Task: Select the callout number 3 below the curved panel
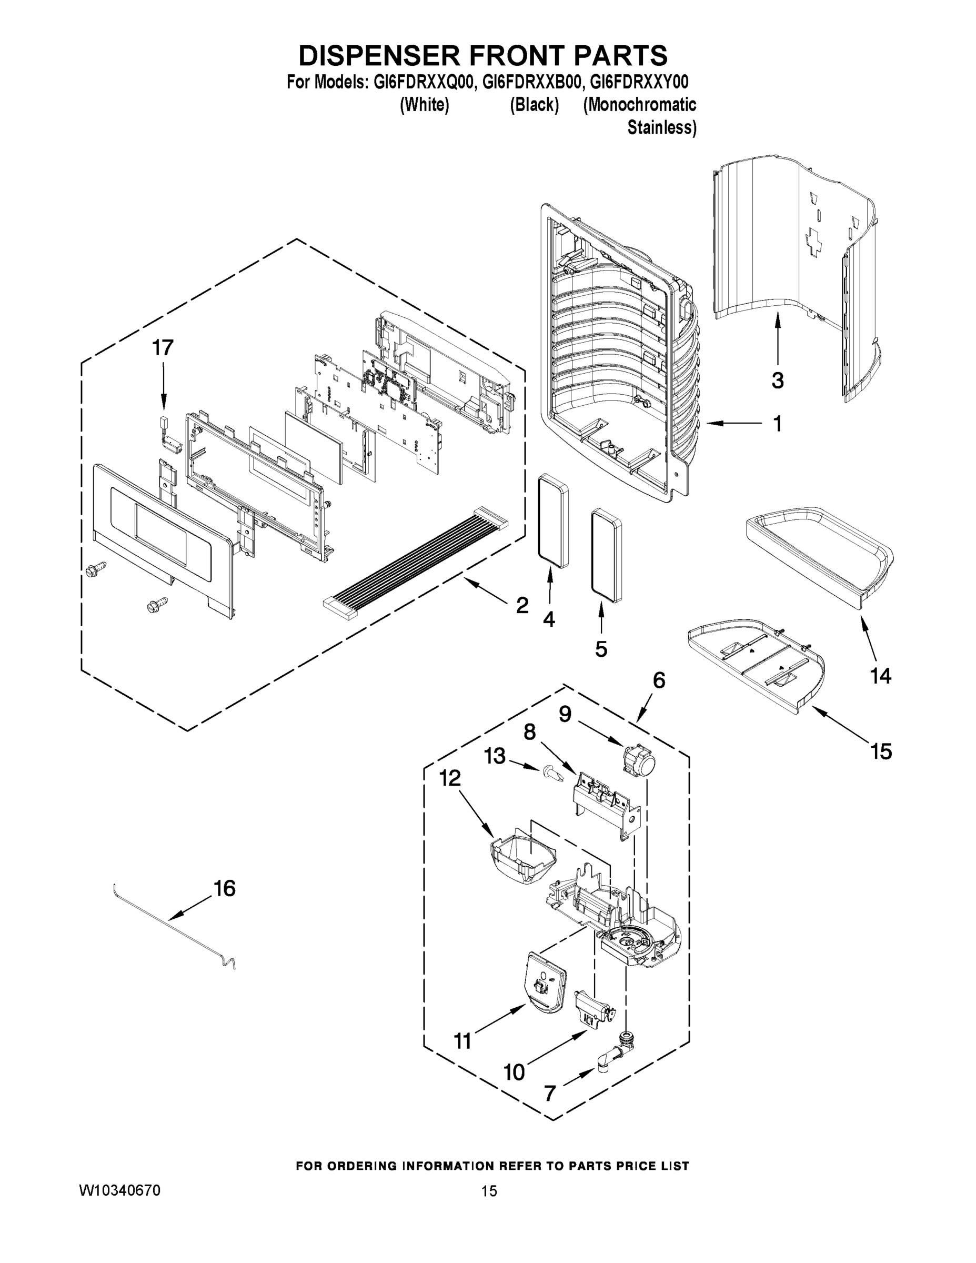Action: click(777, 380)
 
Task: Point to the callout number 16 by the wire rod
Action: click(224, 888)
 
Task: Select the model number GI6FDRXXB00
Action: click(531, 82)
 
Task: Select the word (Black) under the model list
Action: click(534, 105)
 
